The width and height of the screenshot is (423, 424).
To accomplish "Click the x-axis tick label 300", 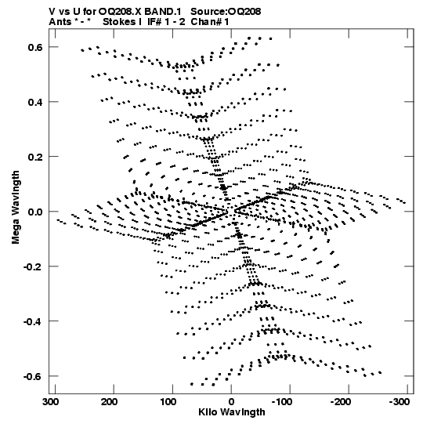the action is (x=51, y=402).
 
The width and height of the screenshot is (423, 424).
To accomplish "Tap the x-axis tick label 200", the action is (x=109, y=402).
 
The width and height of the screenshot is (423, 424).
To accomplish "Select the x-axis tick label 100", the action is (x=168, y=402).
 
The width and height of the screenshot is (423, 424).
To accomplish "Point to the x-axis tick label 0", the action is (x=231, y=402).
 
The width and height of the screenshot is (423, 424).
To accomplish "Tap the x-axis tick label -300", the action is (x=399, y=402).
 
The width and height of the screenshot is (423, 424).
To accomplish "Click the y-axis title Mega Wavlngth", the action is (x=16, y=207).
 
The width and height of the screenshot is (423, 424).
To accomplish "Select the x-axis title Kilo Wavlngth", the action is (x=232, y=412).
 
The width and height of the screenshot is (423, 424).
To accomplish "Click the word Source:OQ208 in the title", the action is (x=226, y=12).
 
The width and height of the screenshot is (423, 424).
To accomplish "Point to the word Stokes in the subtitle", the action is (x=120, y=22).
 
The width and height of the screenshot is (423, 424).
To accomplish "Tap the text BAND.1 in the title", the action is (x=163, y=12).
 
